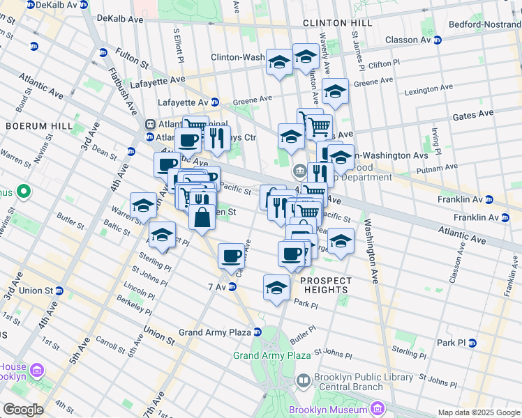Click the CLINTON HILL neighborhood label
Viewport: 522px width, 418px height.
tap(334, 23)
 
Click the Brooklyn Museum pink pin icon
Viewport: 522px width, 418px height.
tap(378, 407)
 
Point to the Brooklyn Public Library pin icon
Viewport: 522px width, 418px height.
tap(304, 380)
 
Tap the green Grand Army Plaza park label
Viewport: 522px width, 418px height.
tap(271, 355)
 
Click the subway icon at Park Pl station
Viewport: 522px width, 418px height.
tap(472, 343)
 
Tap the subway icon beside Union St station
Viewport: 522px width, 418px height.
tap(59, 291)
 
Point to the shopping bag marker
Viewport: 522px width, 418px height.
tap(202, 217)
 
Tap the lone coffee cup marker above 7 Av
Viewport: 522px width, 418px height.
tap(231, 255)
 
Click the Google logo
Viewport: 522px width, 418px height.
tap(23, 409)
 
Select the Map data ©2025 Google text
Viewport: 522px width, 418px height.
tap(478, 412)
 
